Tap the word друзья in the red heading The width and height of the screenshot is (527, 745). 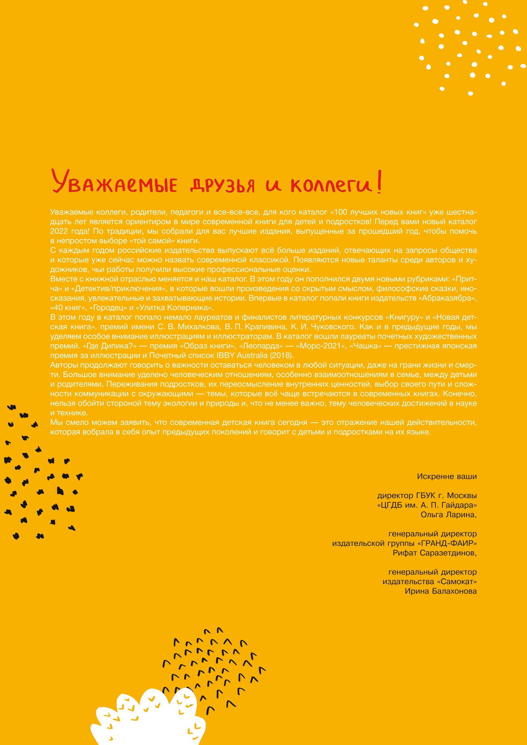pyautogui.click(x=222, y=185)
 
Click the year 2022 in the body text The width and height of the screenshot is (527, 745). pyautogui.click(x=59, y=231)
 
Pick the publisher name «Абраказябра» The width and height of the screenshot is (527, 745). pyautogui.click(x=449, y=298)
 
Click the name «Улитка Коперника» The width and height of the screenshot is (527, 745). pyautogui.click(x=175, y=307)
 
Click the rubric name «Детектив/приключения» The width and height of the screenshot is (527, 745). pyautogui.click(x=119, y=288)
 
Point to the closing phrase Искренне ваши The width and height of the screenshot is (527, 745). pyautogui.click(x=447, y=476)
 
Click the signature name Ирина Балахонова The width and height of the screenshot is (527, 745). pyautogui.click(x=441, y=591)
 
